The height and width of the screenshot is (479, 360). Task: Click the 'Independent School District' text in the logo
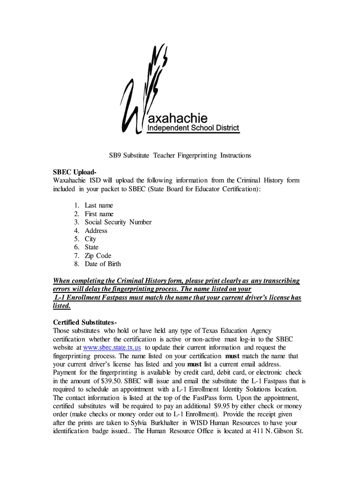[x=193, y=128]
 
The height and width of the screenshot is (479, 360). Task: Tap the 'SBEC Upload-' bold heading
[x=75, y=172]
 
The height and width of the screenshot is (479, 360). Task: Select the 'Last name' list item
[x=99, y=205]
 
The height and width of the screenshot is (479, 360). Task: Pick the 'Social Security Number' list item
[x=118, y=222]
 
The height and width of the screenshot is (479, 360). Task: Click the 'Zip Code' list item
[x=98, y=255]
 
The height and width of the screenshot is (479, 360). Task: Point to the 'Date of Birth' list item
[x=102, y=264]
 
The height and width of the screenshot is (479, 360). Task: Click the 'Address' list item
[x=96, y=231]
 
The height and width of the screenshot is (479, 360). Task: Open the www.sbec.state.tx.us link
[x=112, y=348]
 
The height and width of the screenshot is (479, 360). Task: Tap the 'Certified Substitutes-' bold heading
[x=85, y=323]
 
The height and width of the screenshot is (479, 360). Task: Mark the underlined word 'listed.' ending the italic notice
[x=62, y=306]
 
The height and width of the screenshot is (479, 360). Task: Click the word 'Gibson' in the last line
[x=279, y=431]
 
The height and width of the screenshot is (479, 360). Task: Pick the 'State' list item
[x=92, y=247]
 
